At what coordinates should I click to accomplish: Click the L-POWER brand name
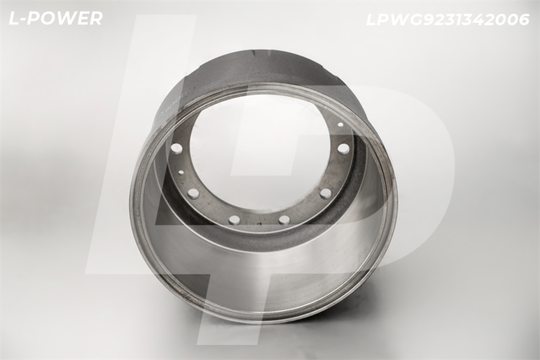pyautogui.click(x=55, y=19)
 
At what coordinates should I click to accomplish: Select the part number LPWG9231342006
pyautogui.click(x=448, y=20)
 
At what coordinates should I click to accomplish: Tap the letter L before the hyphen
pyautogui.click(x=15, y=19)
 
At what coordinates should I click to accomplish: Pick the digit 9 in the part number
pyautogui.click(x=429, y=20)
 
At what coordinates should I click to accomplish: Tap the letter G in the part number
pyautogui.click(x=415, y=20)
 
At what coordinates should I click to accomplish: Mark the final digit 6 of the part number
pyautogui.click(x=522, y=20)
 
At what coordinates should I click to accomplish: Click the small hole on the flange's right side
pyautogui.click(x=340, y=124)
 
